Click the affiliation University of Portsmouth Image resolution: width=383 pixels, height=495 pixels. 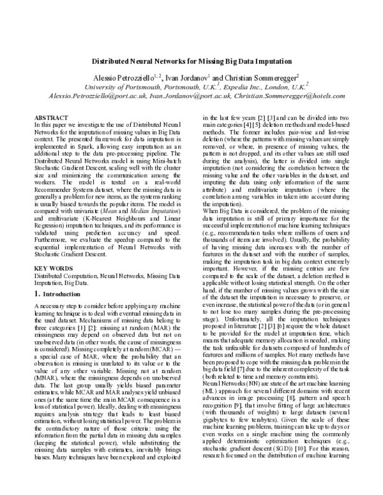[124, 86]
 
